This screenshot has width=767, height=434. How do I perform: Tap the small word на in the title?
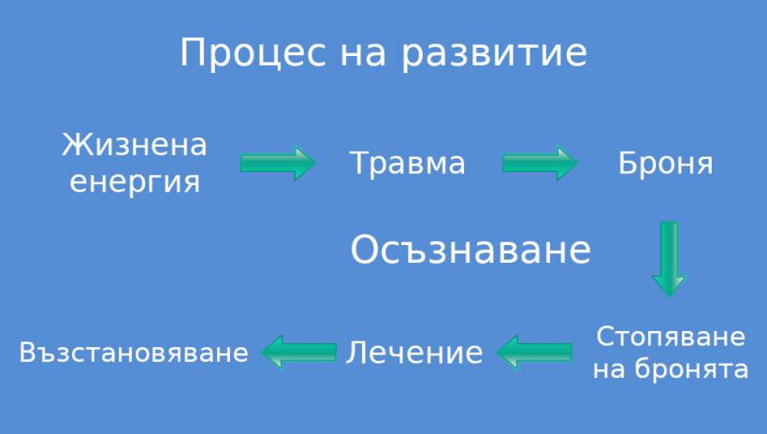pos(363,55)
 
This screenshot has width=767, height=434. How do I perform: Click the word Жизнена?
pos(135,145)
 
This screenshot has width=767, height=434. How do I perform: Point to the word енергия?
pos(135,183)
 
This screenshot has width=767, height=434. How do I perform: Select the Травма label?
pos(407,164)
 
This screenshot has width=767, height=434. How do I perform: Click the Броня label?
pos(666,163)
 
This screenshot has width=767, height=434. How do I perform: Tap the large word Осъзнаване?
pos(470,250)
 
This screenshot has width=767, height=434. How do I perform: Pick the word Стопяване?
pos(671,337)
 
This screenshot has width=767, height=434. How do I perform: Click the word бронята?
pos(691,369)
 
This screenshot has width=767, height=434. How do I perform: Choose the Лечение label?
pos(414,353)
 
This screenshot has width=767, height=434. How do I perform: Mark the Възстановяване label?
pos(134,353)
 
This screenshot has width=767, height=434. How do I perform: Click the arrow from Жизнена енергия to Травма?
pos(278,163)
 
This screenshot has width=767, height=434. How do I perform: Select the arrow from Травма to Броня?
pos(540,163)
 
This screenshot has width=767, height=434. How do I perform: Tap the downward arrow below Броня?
pos(669,259)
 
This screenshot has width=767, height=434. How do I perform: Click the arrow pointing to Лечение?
pos(534,352)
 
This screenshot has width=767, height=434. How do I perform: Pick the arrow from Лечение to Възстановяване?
pos(299,352)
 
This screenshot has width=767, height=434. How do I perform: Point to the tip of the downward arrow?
pos(669,297)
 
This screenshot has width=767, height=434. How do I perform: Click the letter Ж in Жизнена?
pos(73,145)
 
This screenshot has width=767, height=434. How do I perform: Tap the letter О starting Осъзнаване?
pos(366,250)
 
